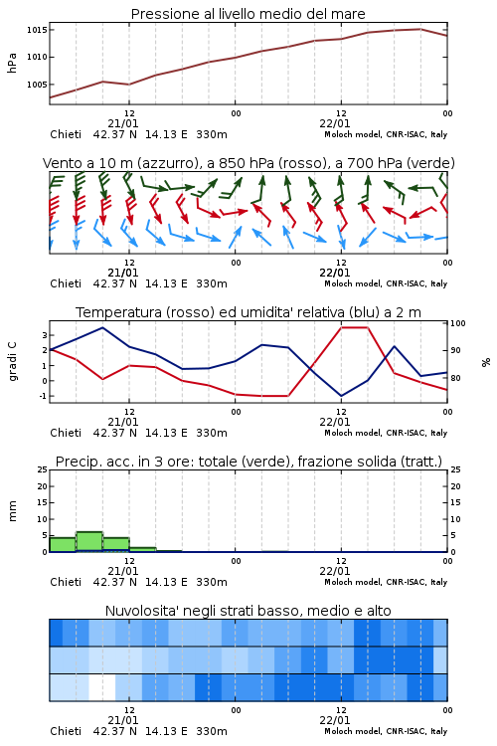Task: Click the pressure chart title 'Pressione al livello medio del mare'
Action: (x=248, y=14)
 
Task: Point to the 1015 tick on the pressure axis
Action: (x=37, y=30)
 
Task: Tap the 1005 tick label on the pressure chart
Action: (x=37, y=85)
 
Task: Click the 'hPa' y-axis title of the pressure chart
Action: (x=12, y=63)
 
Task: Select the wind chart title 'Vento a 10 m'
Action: (x=85, y=163)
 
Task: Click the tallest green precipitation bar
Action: (x=89, y=541)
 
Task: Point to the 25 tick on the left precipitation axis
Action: (x=43, y=469)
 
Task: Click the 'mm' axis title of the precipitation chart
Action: (x=12, y=511)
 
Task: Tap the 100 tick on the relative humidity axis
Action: (x=458, y=323)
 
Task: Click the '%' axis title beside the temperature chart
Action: (x=486, y=362)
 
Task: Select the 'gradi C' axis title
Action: (x=12, y=362)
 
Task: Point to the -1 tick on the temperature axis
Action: (x=44, y=396)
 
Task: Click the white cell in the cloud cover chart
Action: (x=102, y=687)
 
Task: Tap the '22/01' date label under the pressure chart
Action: (x=335, y=123)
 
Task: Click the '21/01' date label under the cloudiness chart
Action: (x=123, y=720)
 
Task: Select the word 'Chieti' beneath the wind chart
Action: (x=66, y=283)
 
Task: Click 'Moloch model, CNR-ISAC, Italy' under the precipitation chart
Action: (x=386, y=582)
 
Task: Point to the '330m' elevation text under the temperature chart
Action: (x=212, y=433)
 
